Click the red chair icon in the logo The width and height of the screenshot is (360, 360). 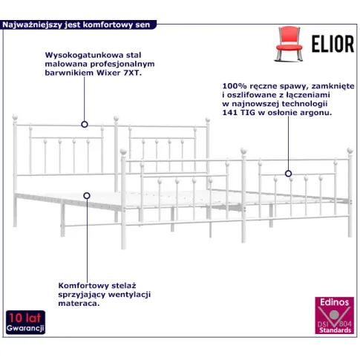289,44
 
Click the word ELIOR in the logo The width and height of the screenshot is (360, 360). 333,44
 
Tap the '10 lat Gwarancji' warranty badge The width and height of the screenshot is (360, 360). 25,322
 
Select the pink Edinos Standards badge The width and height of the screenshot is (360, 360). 334,315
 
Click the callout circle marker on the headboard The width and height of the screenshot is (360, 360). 85,124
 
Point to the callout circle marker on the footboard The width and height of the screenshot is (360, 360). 288,174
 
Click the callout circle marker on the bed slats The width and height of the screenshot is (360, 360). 87,196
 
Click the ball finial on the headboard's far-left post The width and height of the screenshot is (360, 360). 15,117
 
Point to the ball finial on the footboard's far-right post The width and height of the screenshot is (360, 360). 350,150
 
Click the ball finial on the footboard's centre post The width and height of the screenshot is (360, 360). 244,151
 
